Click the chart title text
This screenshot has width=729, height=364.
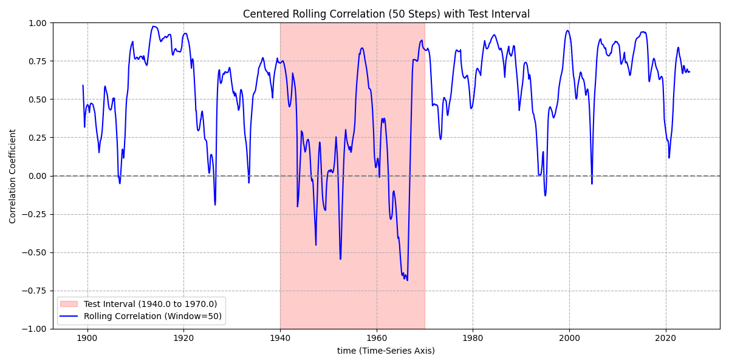386,14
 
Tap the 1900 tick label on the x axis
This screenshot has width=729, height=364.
87,337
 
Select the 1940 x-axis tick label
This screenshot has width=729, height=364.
280,337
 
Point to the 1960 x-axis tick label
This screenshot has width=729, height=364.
377,337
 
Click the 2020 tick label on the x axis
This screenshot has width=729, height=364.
666,337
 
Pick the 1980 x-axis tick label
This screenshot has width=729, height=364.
473,337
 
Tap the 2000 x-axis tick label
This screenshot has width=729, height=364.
569,337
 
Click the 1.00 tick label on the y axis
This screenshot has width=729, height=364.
38,23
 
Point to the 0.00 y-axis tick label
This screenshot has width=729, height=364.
38,176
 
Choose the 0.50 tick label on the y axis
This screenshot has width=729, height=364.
38,99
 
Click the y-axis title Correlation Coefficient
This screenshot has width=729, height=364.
13,176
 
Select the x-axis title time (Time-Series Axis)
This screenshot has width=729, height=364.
386,351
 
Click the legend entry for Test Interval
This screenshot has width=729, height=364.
150,304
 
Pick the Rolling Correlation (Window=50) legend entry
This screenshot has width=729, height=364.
154,316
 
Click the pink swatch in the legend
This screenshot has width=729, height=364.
69,304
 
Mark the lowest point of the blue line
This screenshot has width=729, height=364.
407,280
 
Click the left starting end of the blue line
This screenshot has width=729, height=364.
83,86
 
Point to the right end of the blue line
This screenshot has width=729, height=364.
690,72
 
